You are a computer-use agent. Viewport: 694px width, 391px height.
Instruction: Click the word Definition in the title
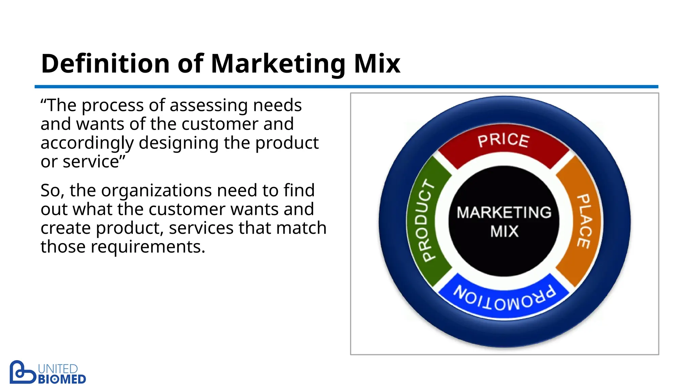[x=105, y=64]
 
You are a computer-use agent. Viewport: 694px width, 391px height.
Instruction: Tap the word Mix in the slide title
[x=377, y=64]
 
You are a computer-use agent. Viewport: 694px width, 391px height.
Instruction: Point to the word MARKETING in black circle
[x=504, y=212]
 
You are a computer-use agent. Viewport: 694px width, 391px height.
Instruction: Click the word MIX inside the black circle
[x=504, y=232]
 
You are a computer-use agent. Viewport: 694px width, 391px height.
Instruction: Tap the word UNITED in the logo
[x=58, y=369]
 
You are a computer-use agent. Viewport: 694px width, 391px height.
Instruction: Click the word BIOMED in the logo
[x=62, y=379]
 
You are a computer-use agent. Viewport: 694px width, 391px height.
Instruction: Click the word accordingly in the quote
[x=87, y=143]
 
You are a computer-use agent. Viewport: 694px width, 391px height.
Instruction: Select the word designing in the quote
[x=179, y=143]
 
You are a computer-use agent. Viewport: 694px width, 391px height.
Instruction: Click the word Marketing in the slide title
[x=278, y=64]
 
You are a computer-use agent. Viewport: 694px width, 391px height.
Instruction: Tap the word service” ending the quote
[x=94, y=162]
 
